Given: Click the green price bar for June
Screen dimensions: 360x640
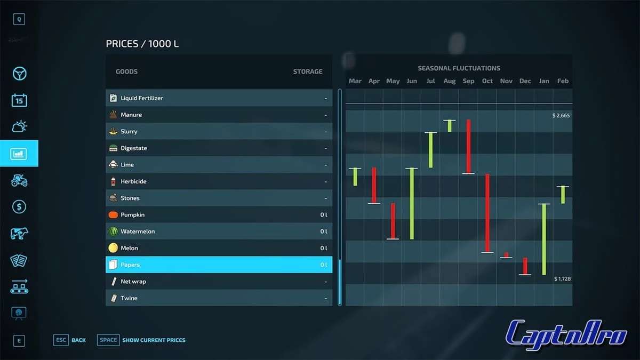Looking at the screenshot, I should point(412,204).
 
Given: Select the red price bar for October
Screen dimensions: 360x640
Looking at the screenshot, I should point(487,213).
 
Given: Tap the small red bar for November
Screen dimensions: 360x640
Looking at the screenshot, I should point(506,255).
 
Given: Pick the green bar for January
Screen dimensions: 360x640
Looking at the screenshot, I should point(544,239).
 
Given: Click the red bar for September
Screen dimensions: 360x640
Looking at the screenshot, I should point(468,147).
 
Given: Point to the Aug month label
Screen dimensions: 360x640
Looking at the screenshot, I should point(450,81).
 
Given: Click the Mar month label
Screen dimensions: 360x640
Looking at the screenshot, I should point(355,81).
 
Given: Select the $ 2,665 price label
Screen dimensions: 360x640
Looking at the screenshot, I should point(562,115).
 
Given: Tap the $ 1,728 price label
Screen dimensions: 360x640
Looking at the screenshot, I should point(562,279).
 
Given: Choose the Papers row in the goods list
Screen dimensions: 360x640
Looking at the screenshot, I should point(219,265).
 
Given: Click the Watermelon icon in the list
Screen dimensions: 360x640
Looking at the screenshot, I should point(113,231).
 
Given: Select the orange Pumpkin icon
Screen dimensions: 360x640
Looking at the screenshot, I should point(113,215).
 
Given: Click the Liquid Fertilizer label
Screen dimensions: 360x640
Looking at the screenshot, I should point(142,98).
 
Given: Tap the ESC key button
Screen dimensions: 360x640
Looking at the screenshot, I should point(61,340).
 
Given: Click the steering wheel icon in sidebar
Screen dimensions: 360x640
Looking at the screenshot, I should point(19,74).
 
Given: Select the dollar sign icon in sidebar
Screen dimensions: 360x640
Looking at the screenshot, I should point(19,207).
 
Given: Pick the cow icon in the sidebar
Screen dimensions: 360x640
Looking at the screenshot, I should point(19,234).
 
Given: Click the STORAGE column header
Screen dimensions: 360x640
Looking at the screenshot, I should point(308,71).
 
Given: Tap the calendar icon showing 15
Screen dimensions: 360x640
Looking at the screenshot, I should point(19,100).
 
